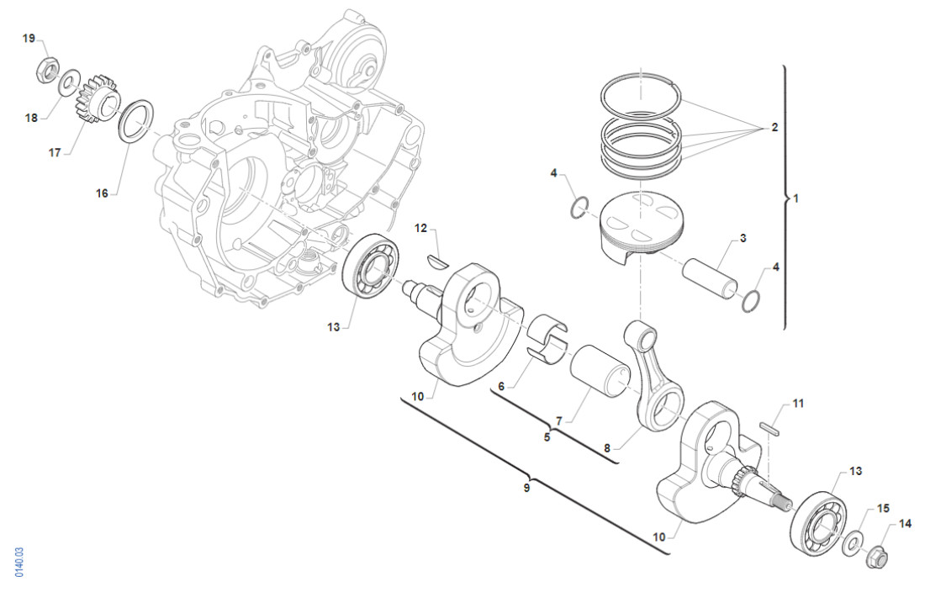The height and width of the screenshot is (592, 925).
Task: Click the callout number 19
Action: [x=29, y=39]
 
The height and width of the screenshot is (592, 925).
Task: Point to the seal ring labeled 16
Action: [x=135, y=121]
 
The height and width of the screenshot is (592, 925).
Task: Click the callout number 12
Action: [x=422, y=229]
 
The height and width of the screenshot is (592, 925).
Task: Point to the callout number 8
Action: [x=607, y=449]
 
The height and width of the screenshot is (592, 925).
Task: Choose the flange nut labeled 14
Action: [x=876, y=554]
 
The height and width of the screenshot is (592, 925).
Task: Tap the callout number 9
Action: [x=527, y=488]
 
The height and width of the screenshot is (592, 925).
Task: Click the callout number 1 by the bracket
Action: [x=795, y=199]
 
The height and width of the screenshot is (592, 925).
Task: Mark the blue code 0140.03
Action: [x=19, y=562]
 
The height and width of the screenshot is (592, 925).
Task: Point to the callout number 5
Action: [x=547, y=437]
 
